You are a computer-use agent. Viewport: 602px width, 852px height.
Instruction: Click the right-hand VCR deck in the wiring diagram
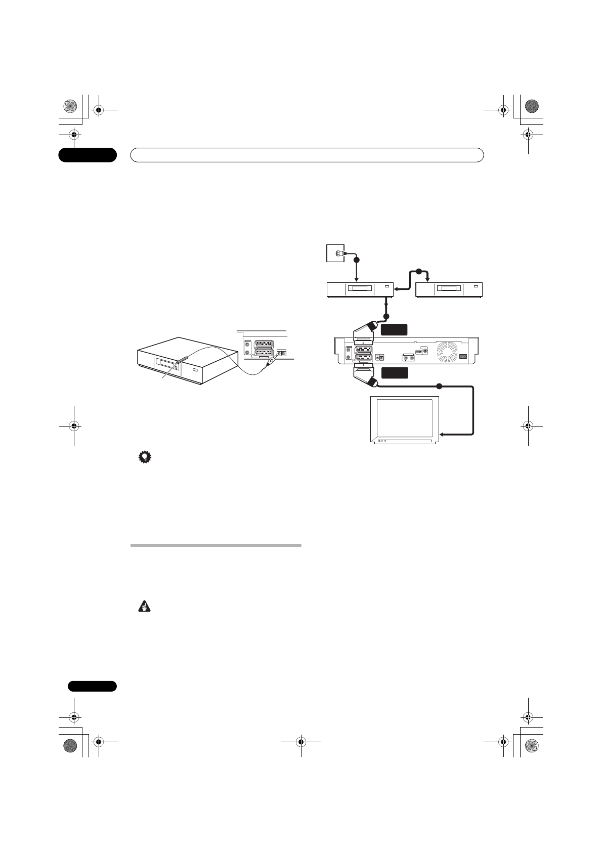pos(449,289)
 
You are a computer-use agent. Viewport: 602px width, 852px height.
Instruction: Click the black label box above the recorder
pos(394,329)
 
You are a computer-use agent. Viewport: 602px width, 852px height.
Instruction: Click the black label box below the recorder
pos(394,373)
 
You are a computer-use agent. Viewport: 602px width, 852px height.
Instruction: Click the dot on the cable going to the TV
pos(439,387)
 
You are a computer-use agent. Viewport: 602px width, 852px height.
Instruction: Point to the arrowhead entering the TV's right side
pos(443,434)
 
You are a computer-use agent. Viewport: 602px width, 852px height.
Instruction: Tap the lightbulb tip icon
pos(145,458)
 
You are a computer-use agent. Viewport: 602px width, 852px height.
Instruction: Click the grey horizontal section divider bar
pos(216,545)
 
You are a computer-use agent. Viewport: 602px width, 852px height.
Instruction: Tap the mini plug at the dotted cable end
pos(273,360)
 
